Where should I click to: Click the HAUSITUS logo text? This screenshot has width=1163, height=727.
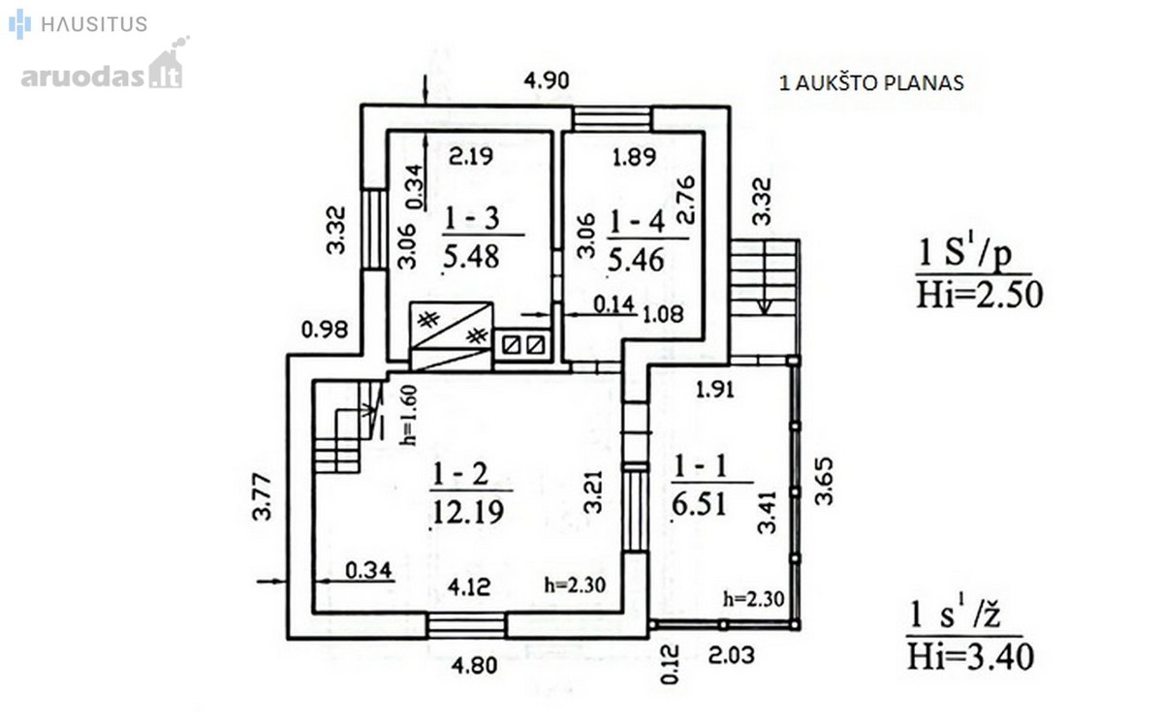[x=94, y=24]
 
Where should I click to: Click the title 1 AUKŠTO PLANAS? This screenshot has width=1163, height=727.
[x=871, y=83]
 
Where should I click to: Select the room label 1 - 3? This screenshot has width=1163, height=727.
[x=471, y=218]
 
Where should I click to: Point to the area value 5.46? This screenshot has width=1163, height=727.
[x=636, y=260]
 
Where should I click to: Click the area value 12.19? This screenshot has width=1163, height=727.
[x=468, y=512]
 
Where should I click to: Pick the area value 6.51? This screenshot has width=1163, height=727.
[x=699, y=504]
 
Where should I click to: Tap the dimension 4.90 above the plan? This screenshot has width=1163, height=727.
[x=547, y=80]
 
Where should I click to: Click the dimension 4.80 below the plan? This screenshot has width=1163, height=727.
[x=474, y=665]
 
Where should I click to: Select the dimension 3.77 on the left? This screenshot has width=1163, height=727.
[x=263, y=497]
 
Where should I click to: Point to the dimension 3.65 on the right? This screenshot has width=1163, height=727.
[x=824, y=481]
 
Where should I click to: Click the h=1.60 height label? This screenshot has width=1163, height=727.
[x=409, y=416]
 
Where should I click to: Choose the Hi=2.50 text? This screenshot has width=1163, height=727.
[x=980, y=295]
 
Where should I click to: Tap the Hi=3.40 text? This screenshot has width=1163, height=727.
[x=970, y=656]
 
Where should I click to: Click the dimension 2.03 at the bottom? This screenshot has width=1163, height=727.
[x=732, y=655]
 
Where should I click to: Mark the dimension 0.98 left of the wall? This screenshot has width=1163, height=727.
[x=325, y=330]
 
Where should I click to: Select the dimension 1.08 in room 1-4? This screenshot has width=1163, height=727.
[x=664, y=314]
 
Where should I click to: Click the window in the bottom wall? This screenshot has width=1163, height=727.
[x=466, y=626]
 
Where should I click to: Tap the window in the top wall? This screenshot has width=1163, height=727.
[x=613, y=119]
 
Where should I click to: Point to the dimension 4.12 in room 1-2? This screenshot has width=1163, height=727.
[x=469, y=587]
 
